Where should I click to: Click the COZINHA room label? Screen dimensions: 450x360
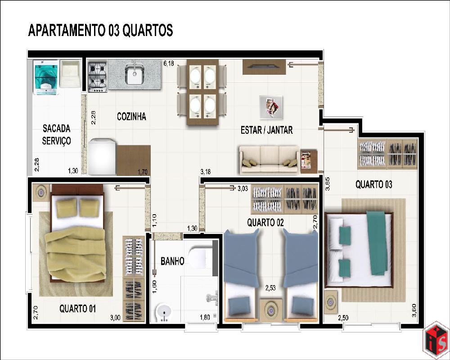(131, 117)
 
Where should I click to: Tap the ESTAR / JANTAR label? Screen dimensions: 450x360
(266, 130)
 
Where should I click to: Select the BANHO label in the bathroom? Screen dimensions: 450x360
(172, 261)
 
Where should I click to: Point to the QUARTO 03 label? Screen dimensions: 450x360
(373, 184)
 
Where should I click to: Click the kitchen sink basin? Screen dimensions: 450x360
(135, 74)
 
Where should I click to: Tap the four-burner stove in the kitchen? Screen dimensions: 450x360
(98, 76)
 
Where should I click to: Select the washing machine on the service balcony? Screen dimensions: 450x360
(46, 77)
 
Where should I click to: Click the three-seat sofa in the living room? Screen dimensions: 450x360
(269, 159)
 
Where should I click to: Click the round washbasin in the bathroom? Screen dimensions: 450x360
(164, 313)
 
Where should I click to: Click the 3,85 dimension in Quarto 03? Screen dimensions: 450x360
(328, 184)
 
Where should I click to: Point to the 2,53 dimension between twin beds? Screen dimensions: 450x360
(270, 288)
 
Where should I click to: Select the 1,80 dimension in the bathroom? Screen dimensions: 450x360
(205, 317)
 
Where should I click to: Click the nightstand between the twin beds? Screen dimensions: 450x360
(270, 310)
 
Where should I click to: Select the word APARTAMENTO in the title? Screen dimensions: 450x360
(67, 30)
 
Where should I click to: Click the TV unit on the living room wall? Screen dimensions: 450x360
(264, 67)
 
